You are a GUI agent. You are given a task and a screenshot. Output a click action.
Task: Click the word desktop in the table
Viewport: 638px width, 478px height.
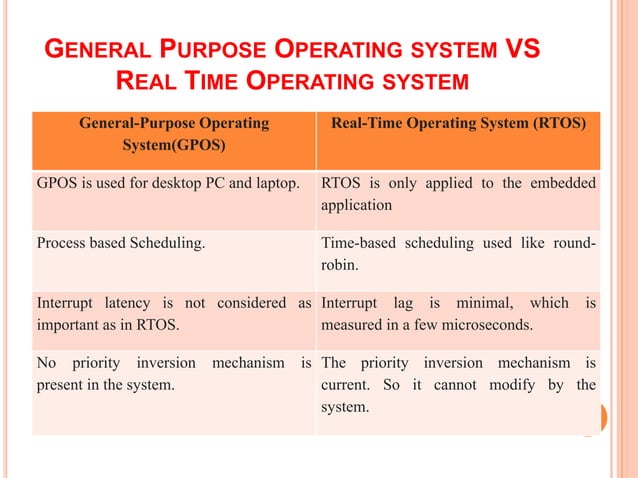coord(174,184)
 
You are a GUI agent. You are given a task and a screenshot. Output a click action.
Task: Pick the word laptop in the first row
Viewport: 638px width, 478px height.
coord(276,184)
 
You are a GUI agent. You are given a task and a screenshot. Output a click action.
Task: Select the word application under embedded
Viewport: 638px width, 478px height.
coord(357,205)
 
